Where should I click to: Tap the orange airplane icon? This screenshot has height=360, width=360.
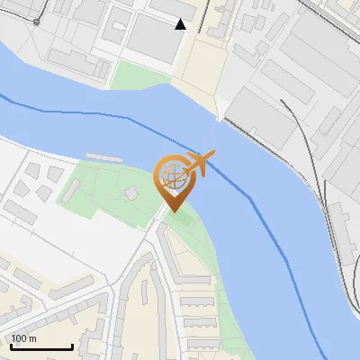201,164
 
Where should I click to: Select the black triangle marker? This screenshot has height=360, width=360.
181,24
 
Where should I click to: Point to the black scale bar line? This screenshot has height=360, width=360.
41,347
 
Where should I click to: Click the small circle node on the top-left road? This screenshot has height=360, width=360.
36,21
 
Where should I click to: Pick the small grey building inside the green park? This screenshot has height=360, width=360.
132,192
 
